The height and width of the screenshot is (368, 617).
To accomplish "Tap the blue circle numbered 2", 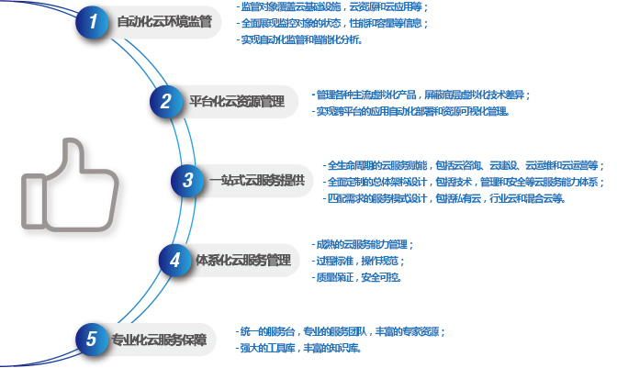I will point(165,101).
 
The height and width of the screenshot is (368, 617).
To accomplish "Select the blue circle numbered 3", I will point(186,180).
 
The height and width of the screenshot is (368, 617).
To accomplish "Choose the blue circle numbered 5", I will point(91,340).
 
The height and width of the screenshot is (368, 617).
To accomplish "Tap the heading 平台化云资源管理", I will point(236,101).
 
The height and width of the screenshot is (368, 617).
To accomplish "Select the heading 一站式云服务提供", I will point(256,180).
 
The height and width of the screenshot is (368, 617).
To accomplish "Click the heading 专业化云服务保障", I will point(159,340).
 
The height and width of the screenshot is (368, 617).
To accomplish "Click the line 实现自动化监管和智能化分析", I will point(300,39).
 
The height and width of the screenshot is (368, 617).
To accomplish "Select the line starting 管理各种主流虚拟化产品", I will point(422,95).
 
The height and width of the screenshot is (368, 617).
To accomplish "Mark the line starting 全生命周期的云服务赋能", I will point(466,165).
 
